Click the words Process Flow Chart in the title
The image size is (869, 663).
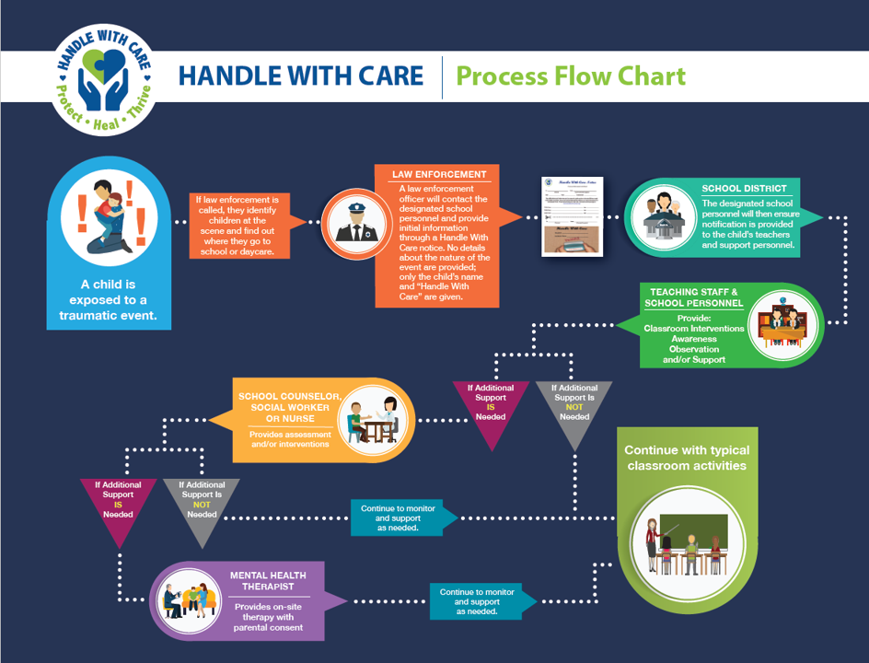[x=571, y=76]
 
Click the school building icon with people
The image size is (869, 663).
[x=669, y=217]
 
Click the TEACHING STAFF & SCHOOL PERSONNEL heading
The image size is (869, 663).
[x=694, y=297]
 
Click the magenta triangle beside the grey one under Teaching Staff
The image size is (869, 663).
[x=490, y=411]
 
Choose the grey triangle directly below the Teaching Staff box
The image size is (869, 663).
[x=574, y=411]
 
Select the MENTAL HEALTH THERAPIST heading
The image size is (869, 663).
[x=268, y=582]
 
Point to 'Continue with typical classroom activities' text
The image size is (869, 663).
[x=687, y=458]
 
